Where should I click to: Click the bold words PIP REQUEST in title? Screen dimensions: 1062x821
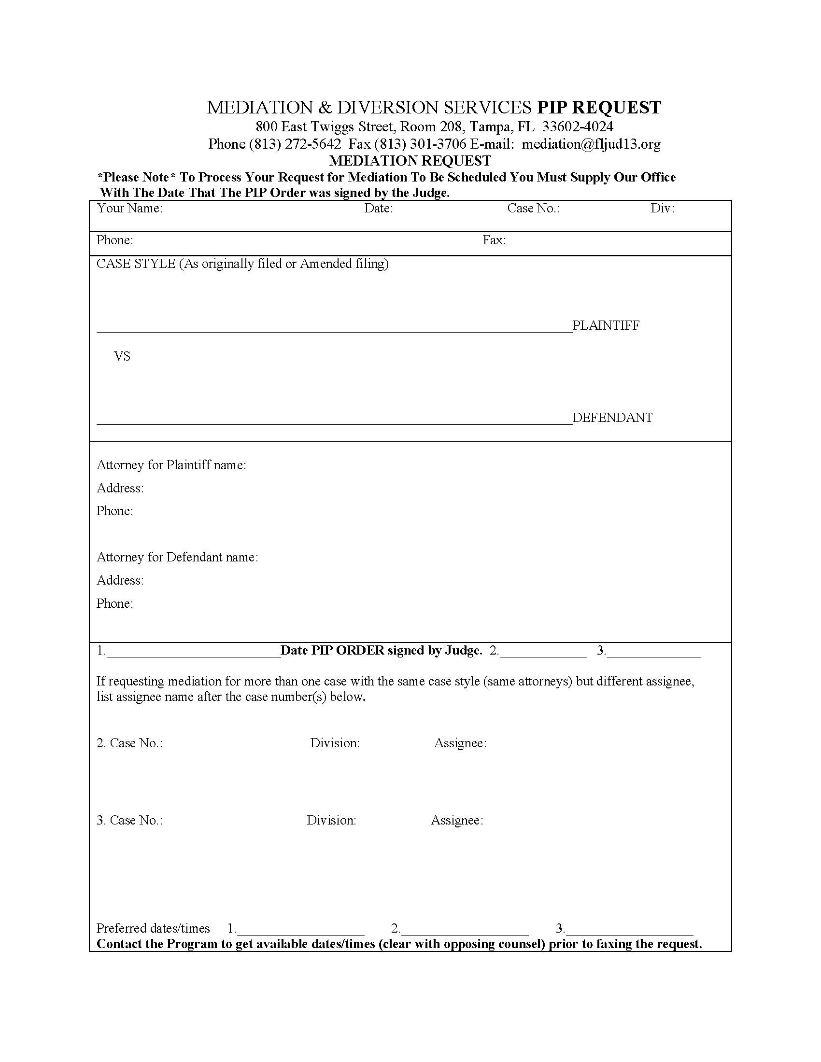[x=598, y=108]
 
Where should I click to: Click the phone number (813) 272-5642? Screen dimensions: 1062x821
[x=295, y=144]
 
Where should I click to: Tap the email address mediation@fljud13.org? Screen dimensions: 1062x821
[x=591, y=144]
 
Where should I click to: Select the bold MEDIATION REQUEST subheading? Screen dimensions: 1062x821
[x=410, y=160]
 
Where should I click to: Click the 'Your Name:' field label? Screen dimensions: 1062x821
[x=129, y=209]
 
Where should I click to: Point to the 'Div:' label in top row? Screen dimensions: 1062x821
[x=662, y=209]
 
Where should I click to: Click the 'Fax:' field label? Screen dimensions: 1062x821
[x=494, y=240]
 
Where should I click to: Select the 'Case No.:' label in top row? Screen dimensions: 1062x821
[x=534, y=209]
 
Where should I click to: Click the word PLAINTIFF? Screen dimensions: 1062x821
[x=606, y=325]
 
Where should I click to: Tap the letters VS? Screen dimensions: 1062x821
[x=122, y=356]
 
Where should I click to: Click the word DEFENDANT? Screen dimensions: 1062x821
[x=612, y=418]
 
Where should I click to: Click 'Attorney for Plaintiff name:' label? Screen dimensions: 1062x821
[x=171, y=465]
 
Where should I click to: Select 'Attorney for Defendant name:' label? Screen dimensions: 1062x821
[x=177, y=557]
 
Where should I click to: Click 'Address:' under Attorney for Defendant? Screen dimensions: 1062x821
[x=120, y=581]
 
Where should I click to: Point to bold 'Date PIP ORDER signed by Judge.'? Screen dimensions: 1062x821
[x=382, y=651]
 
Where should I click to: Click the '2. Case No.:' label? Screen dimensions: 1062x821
[x=129, y=743]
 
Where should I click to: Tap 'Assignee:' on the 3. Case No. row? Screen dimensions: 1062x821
[x=457, y=820]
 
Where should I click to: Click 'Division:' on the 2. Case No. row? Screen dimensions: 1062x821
[x=335, y=743]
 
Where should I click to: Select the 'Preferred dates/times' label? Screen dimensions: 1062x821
[x=153, y=928]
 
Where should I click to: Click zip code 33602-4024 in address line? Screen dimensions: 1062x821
[x=577, y=127]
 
